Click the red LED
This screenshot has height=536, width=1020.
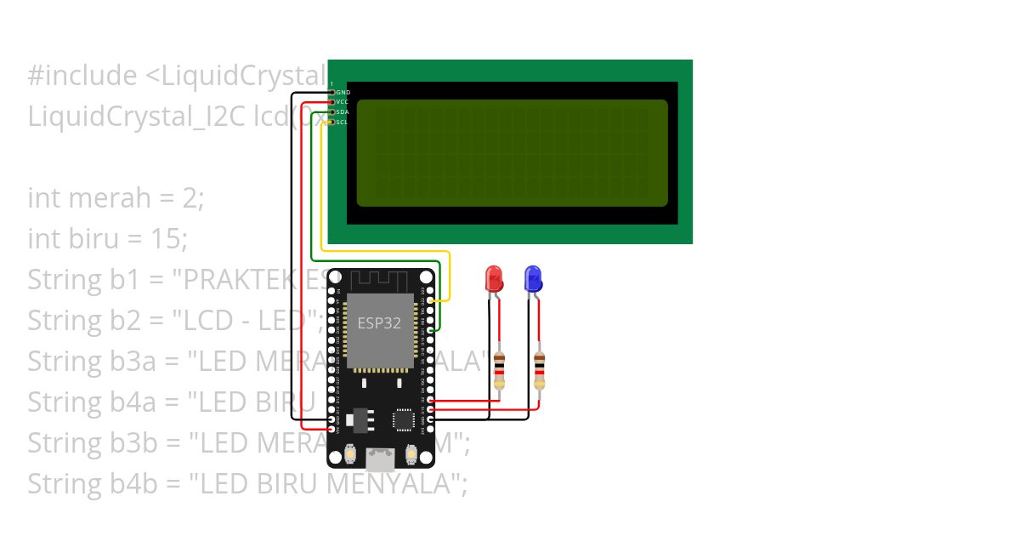493,279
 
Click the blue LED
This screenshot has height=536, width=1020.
533,279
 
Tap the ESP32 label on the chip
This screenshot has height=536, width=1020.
379,323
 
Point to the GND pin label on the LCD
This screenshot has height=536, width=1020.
343,92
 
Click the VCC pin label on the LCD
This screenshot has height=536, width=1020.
343,102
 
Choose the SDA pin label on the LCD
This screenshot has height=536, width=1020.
343,112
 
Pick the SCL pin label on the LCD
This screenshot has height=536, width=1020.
342,123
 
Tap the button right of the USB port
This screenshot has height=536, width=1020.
411,455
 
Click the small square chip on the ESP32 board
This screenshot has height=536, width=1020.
404,420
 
